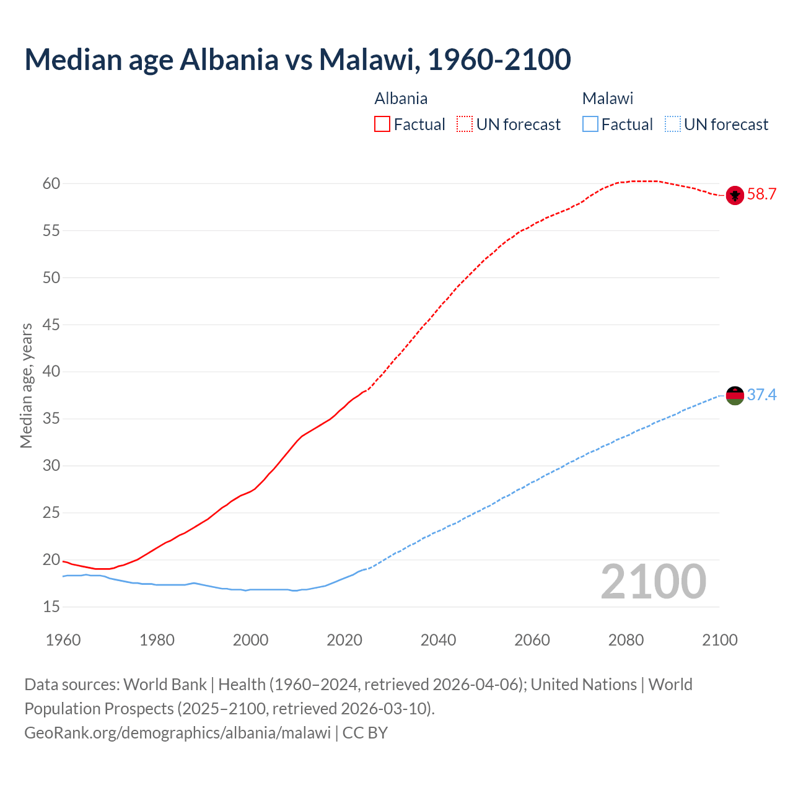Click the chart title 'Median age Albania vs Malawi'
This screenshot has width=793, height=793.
(297, 59)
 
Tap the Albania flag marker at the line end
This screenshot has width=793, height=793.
(735, 195)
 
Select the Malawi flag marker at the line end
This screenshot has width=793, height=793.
(735, 395)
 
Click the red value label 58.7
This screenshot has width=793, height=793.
(761, 195)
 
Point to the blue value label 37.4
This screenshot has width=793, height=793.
(761, 395)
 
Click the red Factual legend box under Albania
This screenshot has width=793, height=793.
(382, 125)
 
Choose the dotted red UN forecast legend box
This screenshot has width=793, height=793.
(465, 125)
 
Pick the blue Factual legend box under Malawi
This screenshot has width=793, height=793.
(590, 125)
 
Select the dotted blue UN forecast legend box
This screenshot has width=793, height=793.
(672, 125)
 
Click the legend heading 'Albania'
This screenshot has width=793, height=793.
(401, 99)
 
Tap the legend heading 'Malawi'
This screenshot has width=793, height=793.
(608, 99)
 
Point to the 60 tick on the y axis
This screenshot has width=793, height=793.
(51, 183)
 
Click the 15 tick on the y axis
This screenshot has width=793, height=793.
(51, 607)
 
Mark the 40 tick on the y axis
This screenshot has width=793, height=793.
(51, 372)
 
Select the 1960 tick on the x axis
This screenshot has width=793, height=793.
(63, 640)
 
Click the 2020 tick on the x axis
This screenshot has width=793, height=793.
(344, 640)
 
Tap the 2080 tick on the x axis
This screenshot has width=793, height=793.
(626, 640)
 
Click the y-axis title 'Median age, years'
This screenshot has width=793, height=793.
(26, 385)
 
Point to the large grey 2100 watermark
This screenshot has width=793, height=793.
(653, 581)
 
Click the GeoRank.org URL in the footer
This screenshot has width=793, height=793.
(177, 733)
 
